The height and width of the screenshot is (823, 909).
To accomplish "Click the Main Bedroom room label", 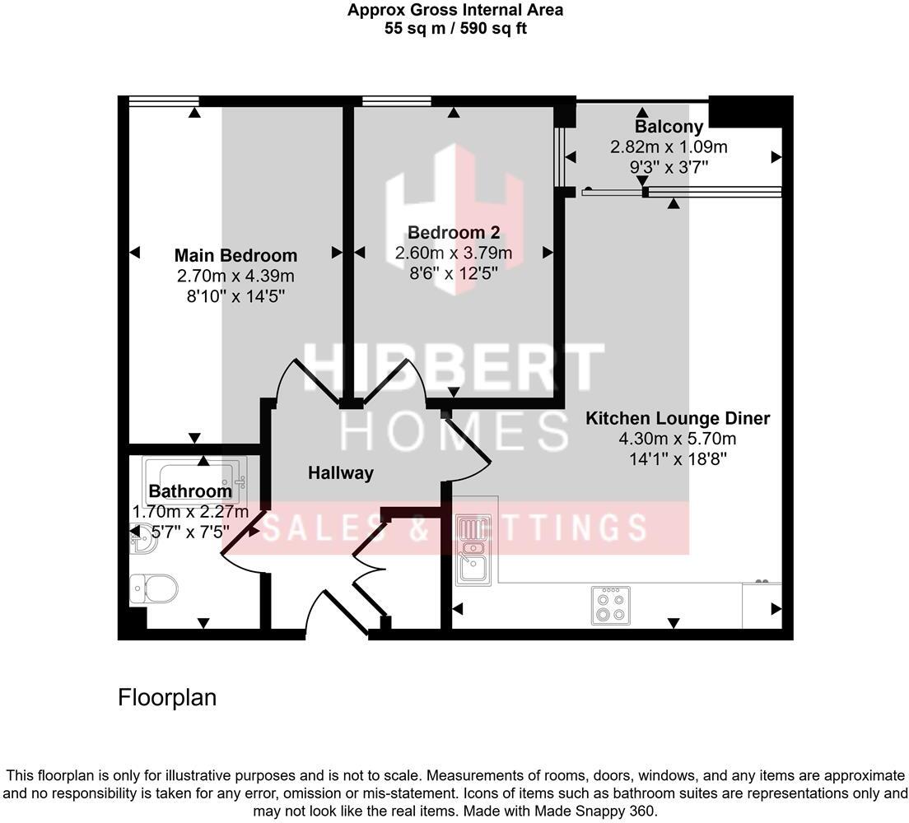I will click(235, 255).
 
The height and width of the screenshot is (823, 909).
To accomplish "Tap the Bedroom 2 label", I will click(454, 232).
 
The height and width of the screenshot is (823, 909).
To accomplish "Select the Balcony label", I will click(669, 127).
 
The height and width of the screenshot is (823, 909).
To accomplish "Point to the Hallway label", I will click(340, 473).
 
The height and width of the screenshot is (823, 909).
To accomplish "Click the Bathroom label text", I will click(190, 492).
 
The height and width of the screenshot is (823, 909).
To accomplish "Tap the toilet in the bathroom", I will click(154, 588).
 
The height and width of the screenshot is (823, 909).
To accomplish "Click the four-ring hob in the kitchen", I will click(610, 605).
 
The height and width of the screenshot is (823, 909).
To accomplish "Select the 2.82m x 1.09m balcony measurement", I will click(669, 147).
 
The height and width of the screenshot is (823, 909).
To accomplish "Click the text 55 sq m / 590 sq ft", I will click(454, 28).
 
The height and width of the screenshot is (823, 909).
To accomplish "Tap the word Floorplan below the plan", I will click(167, 698).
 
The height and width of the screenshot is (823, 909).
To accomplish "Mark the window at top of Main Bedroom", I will click(164, 101).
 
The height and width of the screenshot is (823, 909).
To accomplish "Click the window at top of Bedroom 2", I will click(396, 101).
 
